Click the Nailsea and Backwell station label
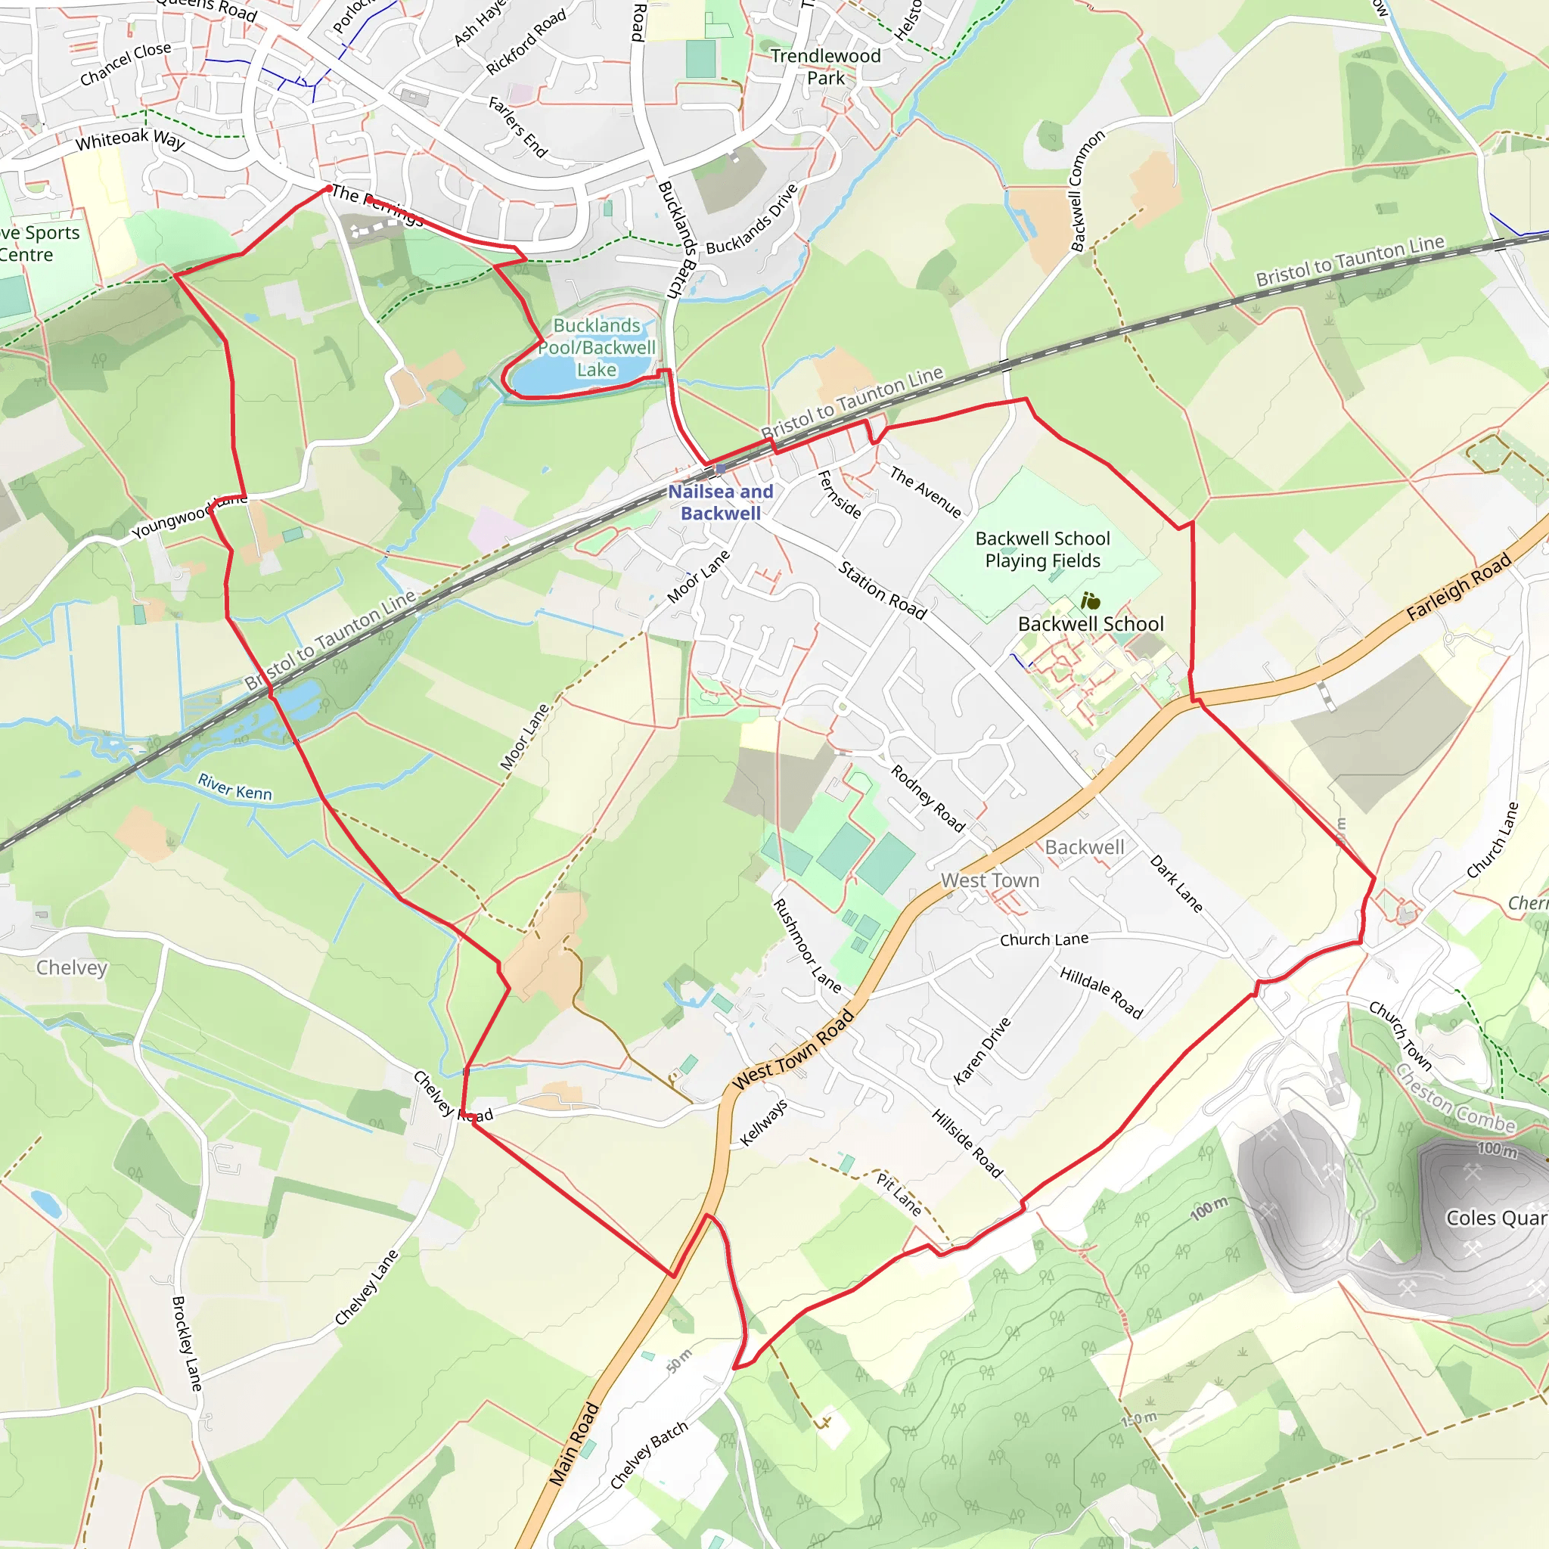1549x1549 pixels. pos(720,503)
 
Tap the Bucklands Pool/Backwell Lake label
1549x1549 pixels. pos(597,348)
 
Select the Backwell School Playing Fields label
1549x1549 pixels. pos(1042,550)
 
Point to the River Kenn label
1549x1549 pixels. pos(235,787)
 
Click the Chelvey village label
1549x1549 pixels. pos(71,967)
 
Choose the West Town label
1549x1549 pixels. pos(989,880)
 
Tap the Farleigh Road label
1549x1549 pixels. pos(1458,587)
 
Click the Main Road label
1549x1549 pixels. pos(574,1444)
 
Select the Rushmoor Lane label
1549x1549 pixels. pos(806,945)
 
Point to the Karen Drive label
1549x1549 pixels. pos(982,1051)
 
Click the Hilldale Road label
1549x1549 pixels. pos(1100,992)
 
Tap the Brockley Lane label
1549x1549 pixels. pos(187,1344)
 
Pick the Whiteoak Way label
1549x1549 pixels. pos(130,141)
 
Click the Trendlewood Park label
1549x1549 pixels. pos(826,67)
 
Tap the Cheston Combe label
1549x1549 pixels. pos(1455,1099)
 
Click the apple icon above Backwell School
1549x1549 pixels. pos(1090,601)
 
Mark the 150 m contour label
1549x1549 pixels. pos(1138,1420)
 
